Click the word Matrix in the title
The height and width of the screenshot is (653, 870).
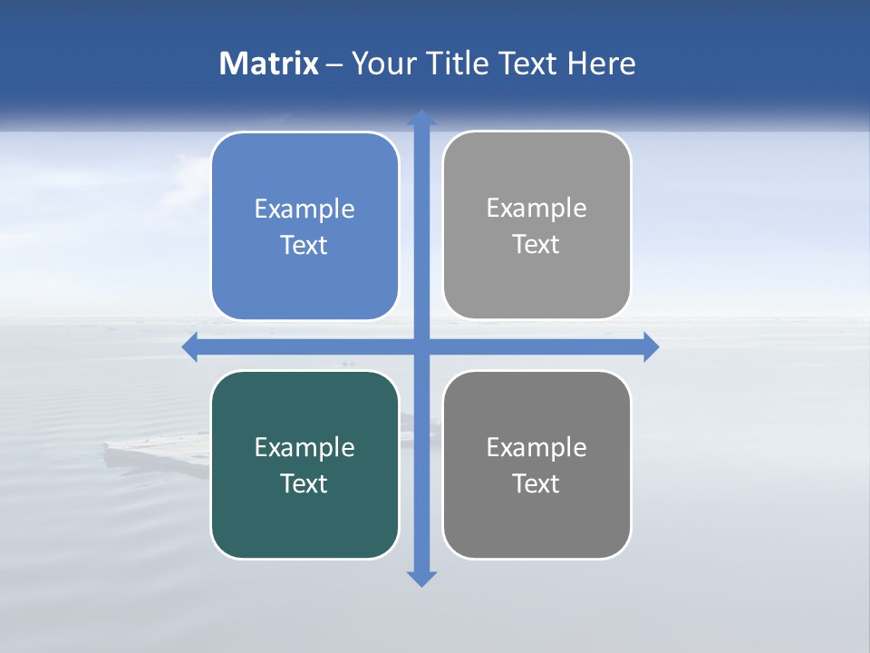click(x=269, y=63)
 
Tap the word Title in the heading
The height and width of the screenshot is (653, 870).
click(x=458, y=63)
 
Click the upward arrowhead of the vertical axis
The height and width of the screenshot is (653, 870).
click(x=421, y=118)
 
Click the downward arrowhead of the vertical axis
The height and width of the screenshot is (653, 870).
click(x=421, y=578)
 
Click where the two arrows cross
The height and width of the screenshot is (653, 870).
click(x=421, y=346)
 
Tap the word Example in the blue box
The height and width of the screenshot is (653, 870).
click(x=304, y=210)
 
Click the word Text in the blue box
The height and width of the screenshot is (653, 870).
click(x=304, y=246)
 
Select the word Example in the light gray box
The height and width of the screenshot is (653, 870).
click(x=536, y=209)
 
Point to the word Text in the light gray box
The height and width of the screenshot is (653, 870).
click(x=536, y=245)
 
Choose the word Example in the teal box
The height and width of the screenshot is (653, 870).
click(x=304, y=448)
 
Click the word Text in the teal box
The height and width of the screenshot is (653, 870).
click(x=304, y=484)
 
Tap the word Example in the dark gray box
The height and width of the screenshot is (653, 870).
click(x=536, y=448)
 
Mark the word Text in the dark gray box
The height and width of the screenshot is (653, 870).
click(x=536, y=484)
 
